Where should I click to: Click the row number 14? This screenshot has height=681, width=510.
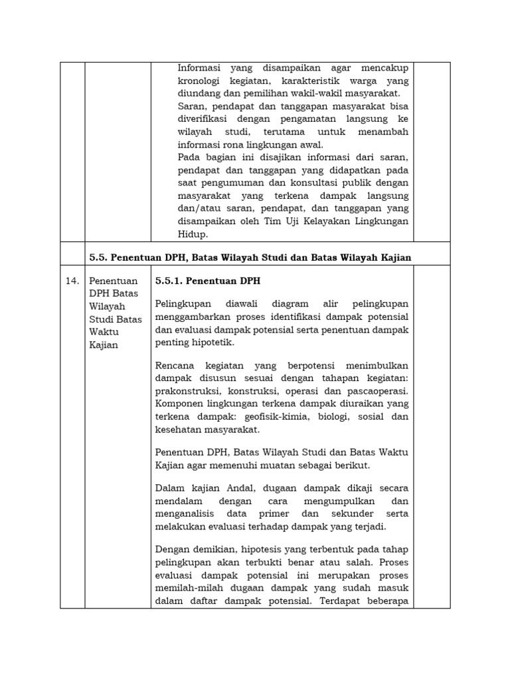(x=72, y=281)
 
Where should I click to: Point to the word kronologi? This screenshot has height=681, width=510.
(x=203, y=81)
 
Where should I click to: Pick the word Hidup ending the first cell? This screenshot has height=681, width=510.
(x=192, y=233)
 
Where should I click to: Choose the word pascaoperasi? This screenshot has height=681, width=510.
(x=376, y=391)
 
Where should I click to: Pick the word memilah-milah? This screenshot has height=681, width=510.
(x=187, y=589)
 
